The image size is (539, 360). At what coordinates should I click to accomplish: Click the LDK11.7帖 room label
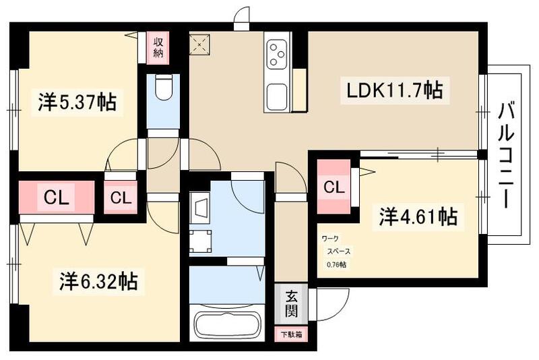394,90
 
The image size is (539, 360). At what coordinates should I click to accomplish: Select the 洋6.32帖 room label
98,280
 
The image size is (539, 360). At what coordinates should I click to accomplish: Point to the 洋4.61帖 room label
418,216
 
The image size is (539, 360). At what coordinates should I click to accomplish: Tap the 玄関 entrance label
290,302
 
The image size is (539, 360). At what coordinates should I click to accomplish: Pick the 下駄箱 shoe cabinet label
290,334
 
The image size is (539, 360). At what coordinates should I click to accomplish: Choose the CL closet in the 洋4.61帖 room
334,187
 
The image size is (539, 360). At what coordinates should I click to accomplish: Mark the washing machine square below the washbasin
200,239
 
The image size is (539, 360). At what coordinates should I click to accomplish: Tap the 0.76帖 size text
336,264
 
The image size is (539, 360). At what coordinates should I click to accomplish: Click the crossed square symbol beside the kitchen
201,45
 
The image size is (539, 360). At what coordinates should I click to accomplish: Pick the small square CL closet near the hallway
120,198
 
